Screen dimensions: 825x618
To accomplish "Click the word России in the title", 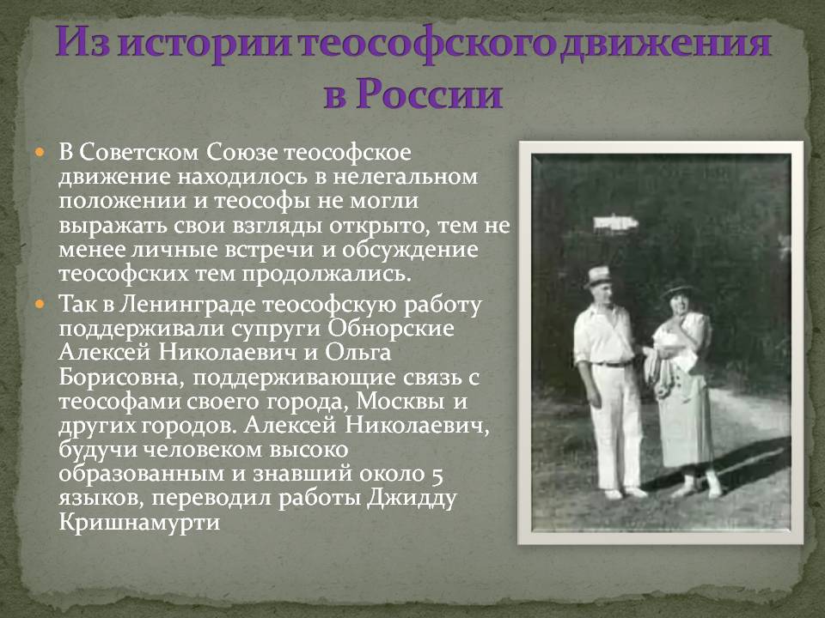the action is coord(430,94).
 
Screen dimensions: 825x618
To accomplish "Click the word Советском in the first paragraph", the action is coord(139,153).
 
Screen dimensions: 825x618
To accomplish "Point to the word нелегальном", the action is coord(405,176).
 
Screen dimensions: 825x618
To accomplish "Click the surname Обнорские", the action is coord(391,329).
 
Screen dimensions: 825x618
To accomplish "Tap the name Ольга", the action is coord(358,353).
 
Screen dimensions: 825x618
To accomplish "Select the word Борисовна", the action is coord(122,378).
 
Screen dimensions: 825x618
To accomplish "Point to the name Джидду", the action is coord(412,498).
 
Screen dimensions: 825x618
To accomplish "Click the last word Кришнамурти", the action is coord(139,523).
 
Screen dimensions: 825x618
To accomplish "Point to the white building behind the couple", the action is coord(616,223).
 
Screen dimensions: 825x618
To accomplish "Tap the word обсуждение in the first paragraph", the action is coord(410,250).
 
